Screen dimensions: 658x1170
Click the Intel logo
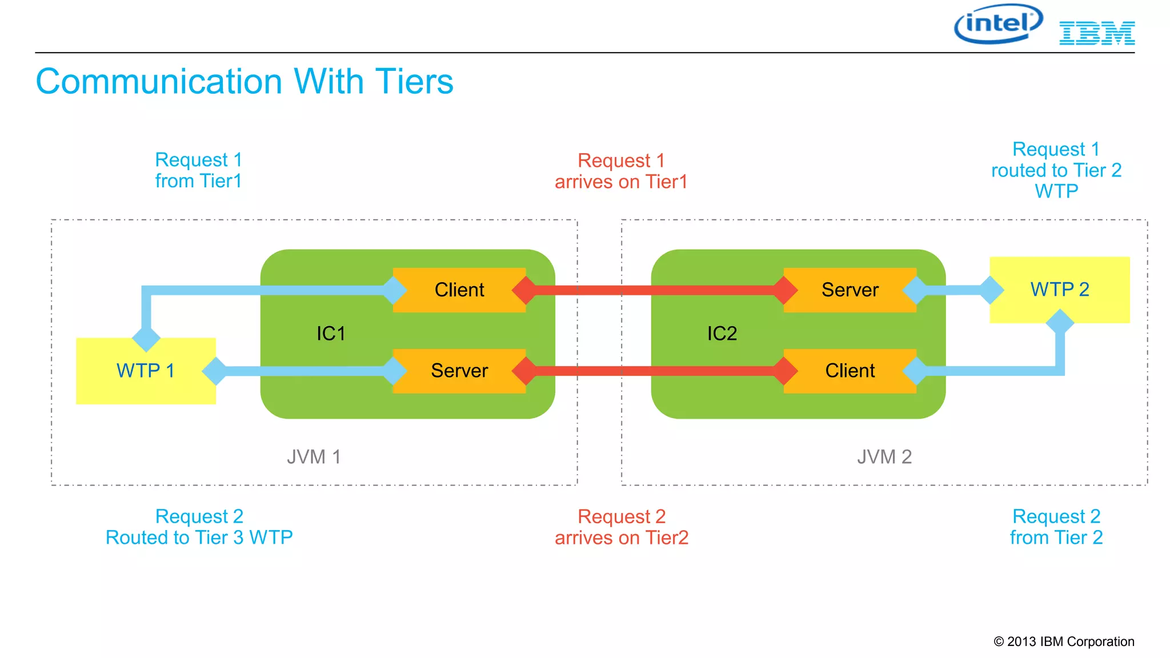[998, 24]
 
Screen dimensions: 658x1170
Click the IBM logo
[1097, 33]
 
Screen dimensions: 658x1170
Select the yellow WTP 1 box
[146, 371]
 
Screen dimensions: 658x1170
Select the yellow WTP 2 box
[1060, 290]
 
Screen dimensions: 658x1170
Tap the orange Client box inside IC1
[459, 290]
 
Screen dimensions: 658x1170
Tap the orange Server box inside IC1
[459, 371]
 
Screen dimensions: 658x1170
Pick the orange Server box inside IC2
[850, 290]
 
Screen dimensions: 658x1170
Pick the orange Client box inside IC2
[850, 371]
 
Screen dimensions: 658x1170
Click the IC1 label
[331, 334]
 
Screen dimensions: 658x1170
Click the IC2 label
[722, 334]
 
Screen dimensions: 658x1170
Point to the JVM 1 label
[314, 457]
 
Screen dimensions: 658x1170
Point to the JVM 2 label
[884, 457]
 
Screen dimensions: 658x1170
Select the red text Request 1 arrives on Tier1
[621, 171]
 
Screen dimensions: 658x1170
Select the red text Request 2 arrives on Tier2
[622, 527]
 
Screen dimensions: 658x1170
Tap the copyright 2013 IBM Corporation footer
[1064, 641]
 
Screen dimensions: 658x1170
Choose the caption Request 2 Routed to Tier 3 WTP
[199, 527]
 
